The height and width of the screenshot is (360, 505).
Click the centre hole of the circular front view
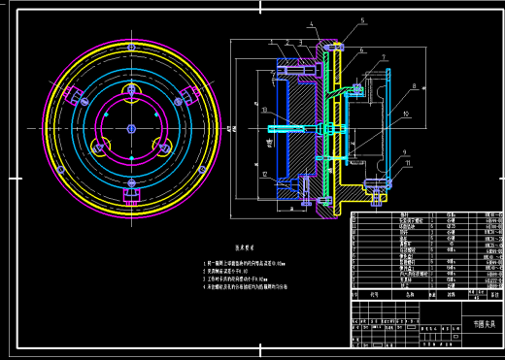[x=129, y=127]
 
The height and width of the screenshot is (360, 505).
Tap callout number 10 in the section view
[x=406, y=115]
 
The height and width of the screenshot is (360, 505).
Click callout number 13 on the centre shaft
[x=263, y=110]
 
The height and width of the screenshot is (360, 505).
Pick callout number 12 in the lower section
[x=263, y=173]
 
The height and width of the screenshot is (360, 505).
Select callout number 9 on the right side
[x=403, y=151]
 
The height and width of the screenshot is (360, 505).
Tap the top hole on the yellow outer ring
[x=129, y=46]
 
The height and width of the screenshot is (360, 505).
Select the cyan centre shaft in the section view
[x=291, y=127]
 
